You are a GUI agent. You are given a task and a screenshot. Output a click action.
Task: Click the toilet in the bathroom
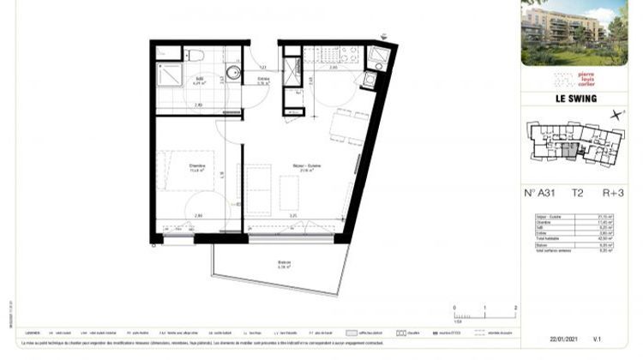(x=196, y=57)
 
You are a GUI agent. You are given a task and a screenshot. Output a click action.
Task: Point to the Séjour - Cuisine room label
(x=302, y=169)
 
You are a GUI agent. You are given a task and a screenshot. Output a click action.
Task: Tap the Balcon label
(x=283, y=263)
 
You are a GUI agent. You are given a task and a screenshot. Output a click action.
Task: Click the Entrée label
(x=263, y=81)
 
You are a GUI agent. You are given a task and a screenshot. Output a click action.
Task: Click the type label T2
(x=581, y=193)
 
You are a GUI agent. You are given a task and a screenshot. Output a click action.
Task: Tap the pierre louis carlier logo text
(x=592, y=80)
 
